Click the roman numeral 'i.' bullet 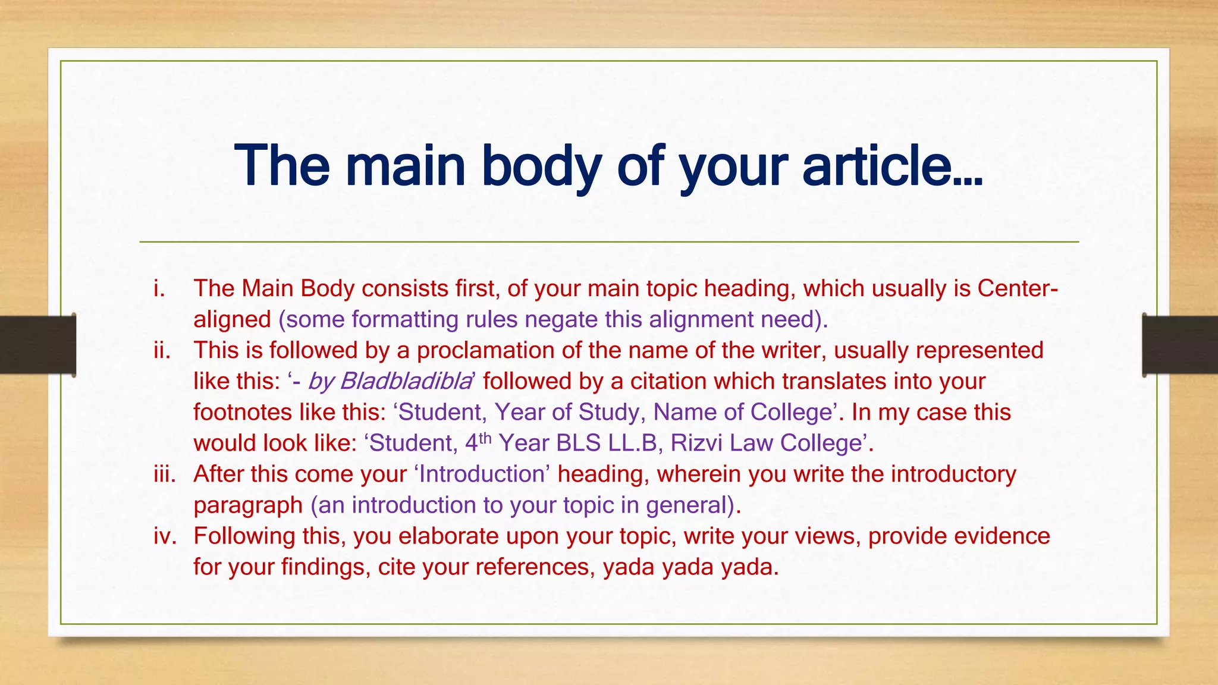159,288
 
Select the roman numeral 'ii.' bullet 162,350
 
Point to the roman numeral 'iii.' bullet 165,474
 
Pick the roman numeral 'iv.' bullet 165,536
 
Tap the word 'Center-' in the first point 1018,288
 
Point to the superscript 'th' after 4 485,438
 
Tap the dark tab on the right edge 1180,345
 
